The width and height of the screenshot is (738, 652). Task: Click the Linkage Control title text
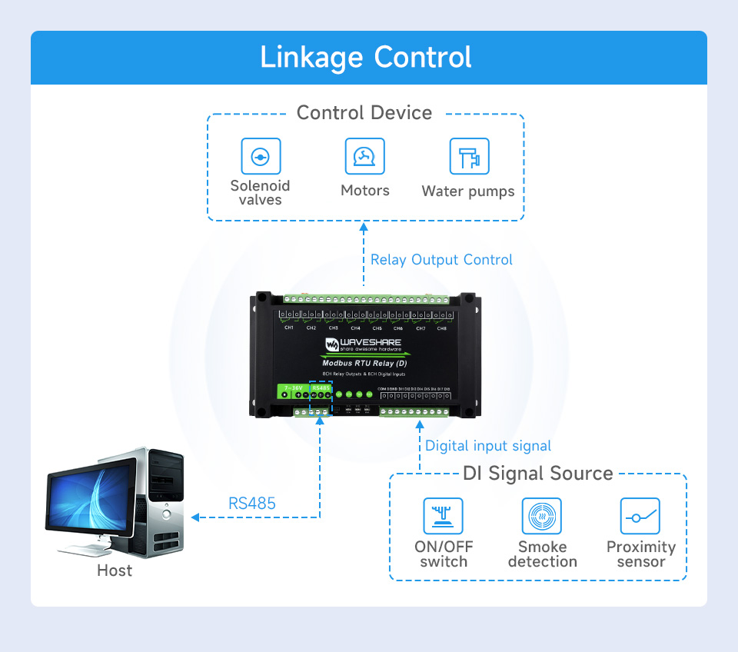click(366, 58)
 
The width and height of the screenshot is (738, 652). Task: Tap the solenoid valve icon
click(261, 158)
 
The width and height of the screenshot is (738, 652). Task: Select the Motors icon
click(364, 157)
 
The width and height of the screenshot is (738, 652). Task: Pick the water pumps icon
click(469, 157)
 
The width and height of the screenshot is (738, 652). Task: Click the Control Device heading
click(364, 113)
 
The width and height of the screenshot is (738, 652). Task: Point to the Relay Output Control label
click(441, 260)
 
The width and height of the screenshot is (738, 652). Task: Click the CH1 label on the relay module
click(289, 328)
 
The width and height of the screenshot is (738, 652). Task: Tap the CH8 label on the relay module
click(441, 328)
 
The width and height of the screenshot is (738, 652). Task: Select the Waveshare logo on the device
click(362, 344)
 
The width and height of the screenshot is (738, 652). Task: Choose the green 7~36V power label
click(293, 388)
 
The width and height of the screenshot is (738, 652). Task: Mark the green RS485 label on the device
click(321, 388)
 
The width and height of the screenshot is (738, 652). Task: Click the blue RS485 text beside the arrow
click(252, 504)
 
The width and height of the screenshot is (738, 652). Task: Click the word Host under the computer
click(115, 570)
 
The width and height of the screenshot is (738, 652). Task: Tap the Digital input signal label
click(488, 446)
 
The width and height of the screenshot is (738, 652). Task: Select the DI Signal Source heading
click(538, 474)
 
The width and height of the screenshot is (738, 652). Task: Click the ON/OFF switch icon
click(444, 516)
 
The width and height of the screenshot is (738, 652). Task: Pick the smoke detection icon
click(542, 516)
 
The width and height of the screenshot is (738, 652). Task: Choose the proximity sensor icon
click(640, 516)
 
